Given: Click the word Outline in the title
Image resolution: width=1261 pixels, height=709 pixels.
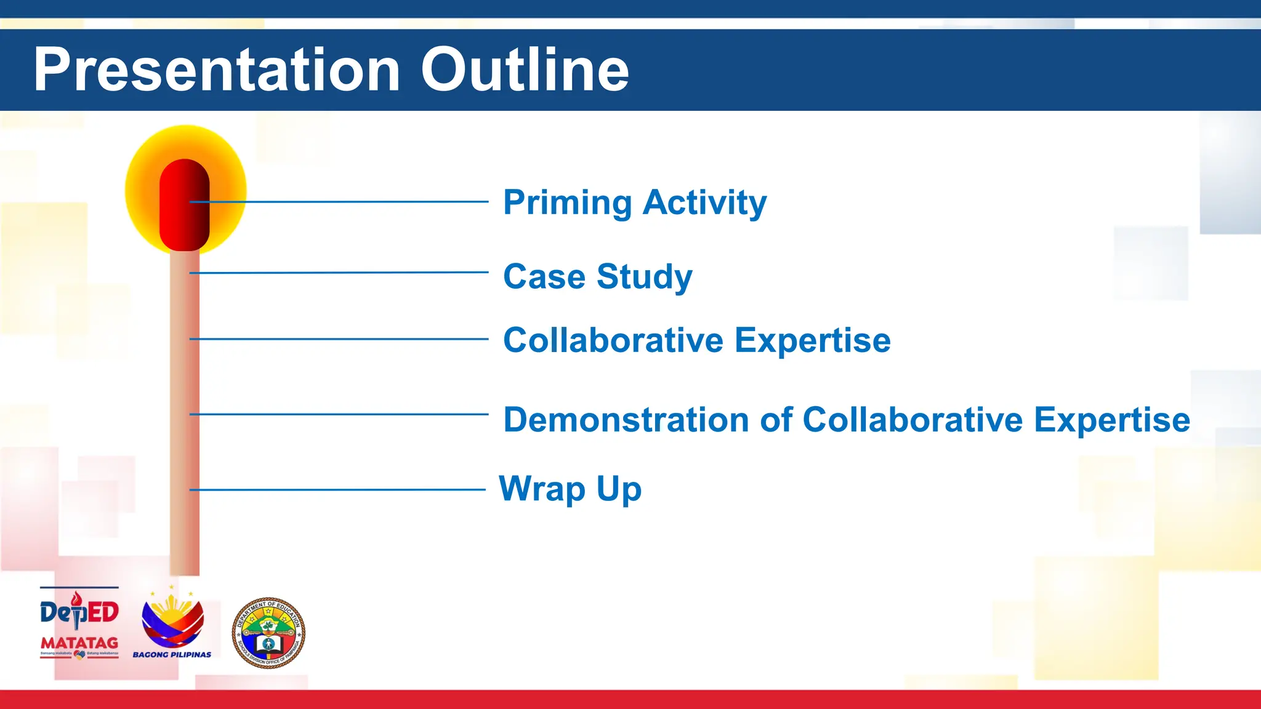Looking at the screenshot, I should coord(525,70).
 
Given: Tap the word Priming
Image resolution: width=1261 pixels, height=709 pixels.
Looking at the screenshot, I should coord(567,203).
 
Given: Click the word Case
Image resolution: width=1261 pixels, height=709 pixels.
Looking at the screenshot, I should coord(544,276).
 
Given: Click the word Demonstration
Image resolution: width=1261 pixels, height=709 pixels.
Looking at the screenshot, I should coord(627,420).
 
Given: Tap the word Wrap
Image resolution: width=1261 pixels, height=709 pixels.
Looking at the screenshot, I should coord(542,489).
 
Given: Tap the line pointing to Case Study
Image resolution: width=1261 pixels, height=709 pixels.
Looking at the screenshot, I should coord(339,273).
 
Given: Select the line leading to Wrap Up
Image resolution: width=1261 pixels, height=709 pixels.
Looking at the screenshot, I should coord(339,490).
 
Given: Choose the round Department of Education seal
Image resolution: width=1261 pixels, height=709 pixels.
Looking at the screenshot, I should coord(268,633).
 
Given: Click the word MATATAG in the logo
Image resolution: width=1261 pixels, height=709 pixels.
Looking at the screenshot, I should coord(79,643).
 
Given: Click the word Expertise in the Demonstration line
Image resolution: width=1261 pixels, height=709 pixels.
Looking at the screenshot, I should coord(1111,421).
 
